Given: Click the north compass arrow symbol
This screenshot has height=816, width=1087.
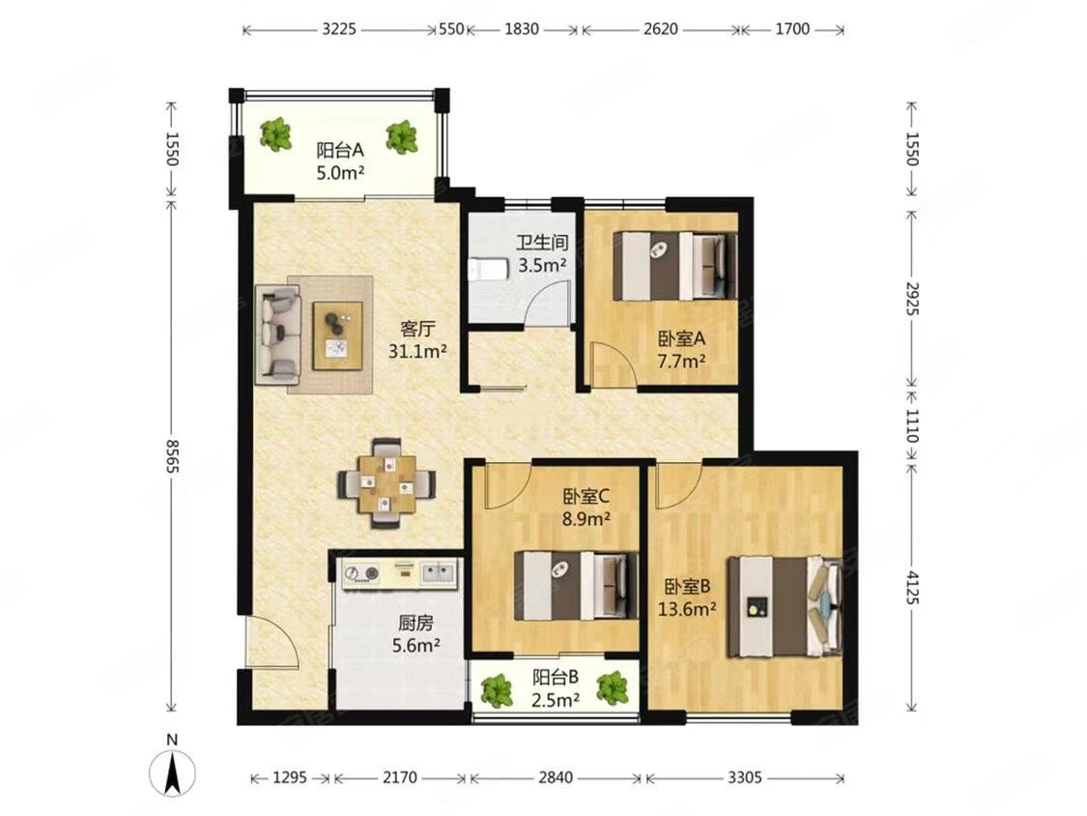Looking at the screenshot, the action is click(x=173, y=772).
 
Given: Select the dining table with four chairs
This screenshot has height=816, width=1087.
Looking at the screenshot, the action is click(x=387, y=483).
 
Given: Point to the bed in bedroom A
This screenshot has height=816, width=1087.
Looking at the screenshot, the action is click(x=674, y=266).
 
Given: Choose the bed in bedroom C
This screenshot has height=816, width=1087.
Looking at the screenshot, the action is click(x=576, y=585).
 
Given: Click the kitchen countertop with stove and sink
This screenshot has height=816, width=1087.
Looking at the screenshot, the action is click(x=400, y=574).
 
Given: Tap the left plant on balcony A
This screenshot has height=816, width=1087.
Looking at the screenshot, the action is click(x=276, y=134).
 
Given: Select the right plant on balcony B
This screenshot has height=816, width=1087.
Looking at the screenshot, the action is click(x=614, y=688).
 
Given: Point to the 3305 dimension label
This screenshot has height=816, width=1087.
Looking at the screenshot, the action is click(x=745, y=777).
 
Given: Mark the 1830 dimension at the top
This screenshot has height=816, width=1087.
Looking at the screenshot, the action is click(x=522, y=29).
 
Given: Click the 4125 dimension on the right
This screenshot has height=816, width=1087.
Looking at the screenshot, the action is click(x=911, y=586).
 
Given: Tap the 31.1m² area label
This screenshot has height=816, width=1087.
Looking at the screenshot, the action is click(x=417, y=352).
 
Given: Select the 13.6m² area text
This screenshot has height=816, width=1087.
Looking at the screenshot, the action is click(x=687, y=609).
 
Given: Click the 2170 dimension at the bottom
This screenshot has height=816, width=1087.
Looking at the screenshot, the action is click(x=400, y=777).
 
